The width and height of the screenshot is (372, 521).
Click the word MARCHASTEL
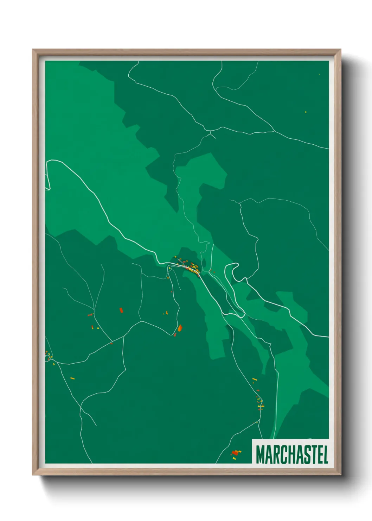pyautogui.click(x=292, y=454)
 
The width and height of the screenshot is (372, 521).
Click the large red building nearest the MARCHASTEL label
pyautogui.click(x=235, y=453)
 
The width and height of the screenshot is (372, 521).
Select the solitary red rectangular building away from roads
pyautogui.click(x=121, y=310)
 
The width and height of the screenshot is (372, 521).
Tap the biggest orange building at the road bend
pyautogui.click(x=180, y=328)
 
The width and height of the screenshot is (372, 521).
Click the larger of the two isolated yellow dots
pyautogui.click(x=306, y=112)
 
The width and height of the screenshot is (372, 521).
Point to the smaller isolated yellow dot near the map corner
pyautogui.click(x=319, y=74)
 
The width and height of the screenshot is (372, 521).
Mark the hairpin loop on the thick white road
pyautogui.click(x=234, y=269)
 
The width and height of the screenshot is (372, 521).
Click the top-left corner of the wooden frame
pyautogui.click(x=33, y=50)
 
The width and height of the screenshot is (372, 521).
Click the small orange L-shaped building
pyautogui.click(x=166, y=313)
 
